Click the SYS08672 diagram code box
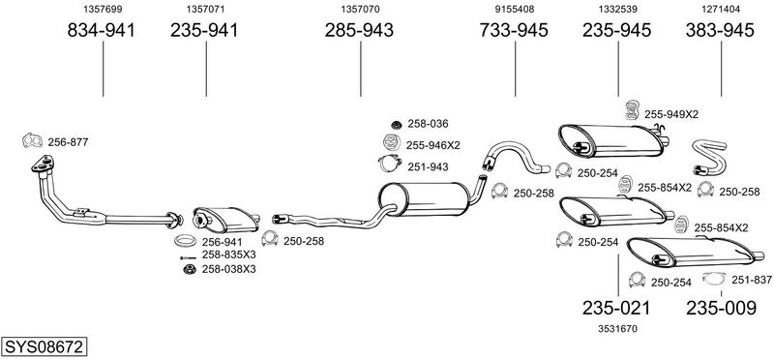coord(44,346)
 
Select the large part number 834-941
coord(102,31)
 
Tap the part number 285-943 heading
coord(359,31)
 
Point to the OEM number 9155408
coord(515,9)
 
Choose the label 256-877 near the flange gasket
coord(68,142)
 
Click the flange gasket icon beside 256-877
coord(33,140)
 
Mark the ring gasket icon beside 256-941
coord(186,241)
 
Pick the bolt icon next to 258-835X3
coord(188,257)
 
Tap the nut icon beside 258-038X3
coord(189,270)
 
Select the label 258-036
coord(428,124)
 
